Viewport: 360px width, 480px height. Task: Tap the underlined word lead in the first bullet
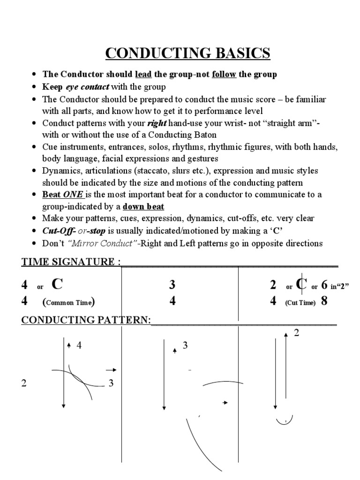[x=143, y=75]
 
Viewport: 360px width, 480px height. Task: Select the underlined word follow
[x=224, y=75]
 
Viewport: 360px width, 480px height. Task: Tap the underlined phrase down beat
[x=143, y=207]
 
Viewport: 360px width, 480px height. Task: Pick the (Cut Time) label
[x=300, y=302]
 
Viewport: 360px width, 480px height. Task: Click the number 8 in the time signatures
[x=323, y=301]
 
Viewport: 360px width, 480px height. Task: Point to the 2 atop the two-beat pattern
[x=296, y=333]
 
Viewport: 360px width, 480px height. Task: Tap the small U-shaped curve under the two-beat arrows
[x=284, y=420]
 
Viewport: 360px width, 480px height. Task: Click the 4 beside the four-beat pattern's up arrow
[x=79, y=346]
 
